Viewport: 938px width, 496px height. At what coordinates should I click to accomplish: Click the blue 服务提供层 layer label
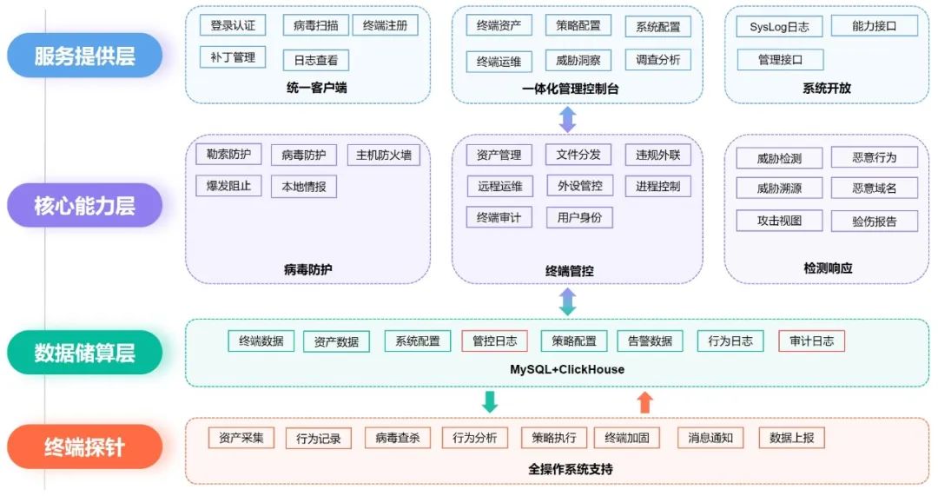84,56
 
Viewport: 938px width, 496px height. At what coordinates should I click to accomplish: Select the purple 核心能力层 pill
84,205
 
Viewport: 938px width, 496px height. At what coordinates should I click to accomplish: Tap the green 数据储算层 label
84,353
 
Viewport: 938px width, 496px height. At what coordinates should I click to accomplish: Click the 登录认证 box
233,25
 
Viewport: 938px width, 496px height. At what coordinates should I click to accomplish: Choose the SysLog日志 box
779,27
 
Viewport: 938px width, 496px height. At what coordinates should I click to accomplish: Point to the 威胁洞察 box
578,60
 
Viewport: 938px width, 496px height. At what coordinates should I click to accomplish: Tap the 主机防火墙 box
383,155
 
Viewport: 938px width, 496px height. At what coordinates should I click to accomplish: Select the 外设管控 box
579,186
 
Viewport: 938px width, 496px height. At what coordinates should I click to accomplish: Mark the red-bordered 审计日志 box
811,341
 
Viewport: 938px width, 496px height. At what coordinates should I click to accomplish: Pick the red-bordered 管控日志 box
494,341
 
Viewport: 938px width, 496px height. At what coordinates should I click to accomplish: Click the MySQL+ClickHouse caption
566,369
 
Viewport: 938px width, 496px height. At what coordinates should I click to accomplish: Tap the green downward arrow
490,401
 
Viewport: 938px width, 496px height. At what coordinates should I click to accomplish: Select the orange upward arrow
644,401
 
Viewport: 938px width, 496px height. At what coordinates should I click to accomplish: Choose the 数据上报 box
791,438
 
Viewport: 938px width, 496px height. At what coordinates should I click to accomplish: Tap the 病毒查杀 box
397,438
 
